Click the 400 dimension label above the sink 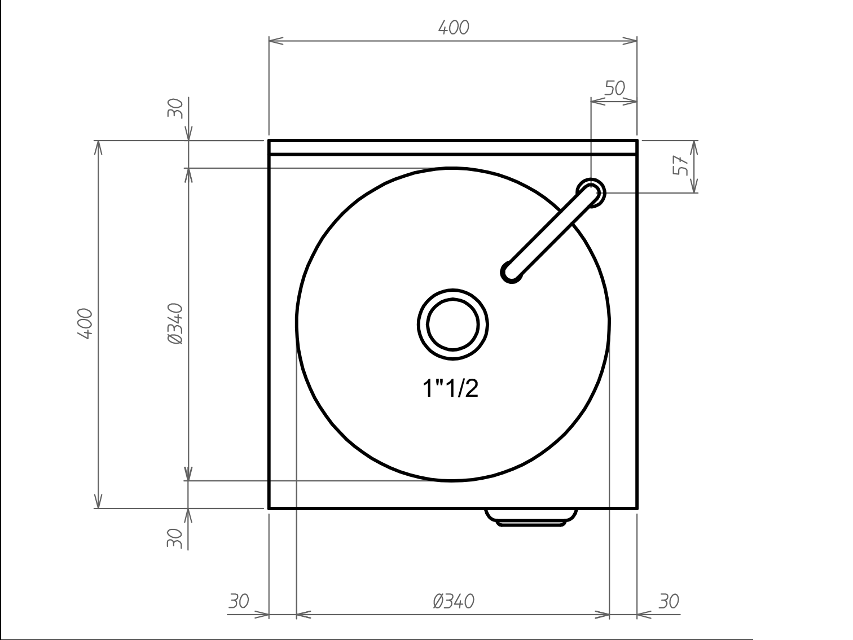click(454, 28)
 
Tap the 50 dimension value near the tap click(615, 88)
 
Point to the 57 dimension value click(680, 165)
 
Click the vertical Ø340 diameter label click(175, 324)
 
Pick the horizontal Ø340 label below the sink click(454, 601)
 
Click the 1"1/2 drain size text click(450, 388)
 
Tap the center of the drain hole click(452, 325)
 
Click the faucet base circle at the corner click(591, 193)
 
